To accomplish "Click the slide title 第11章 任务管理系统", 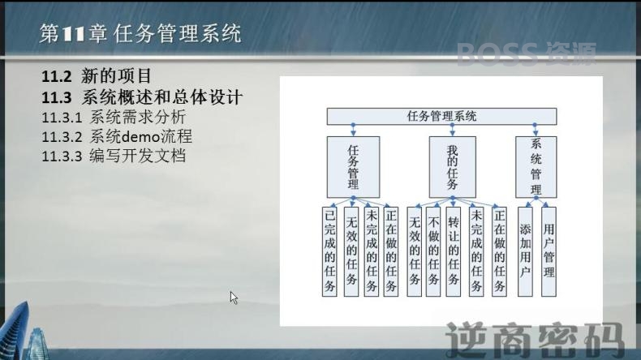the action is pos(140,33).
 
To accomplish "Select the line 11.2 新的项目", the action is pos(97,76).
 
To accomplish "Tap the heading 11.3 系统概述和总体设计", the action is pos(142,97).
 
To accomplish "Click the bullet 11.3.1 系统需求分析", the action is pos(114,118).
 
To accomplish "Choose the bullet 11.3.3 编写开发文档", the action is pos(114,156).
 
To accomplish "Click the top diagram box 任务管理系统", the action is pos(441,116).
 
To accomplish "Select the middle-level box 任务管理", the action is pos(353,167).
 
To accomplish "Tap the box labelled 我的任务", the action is pos(453,167).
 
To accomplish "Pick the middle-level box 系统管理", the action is pos(536,167).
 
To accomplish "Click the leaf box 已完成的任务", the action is pos(329,251).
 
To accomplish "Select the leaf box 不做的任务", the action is pos(433,251).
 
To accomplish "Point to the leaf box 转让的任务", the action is pos(453,251).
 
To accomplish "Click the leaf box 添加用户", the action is pos(525,251).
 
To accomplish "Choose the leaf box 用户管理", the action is pos(549,251).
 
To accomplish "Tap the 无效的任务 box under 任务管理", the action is pos(351,251).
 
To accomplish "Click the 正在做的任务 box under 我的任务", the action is pos(499,251).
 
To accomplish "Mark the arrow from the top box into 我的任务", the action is pos(452,131).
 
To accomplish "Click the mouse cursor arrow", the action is pos(234,298).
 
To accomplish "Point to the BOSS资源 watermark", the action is pos(526,54).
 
